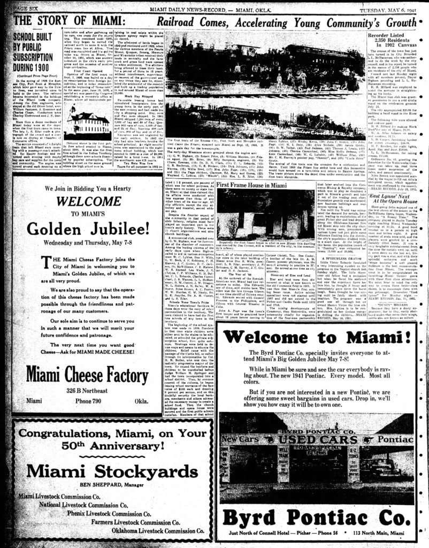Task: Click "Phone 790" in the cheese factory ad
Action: pyautogui.click(x=99, y=400)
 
